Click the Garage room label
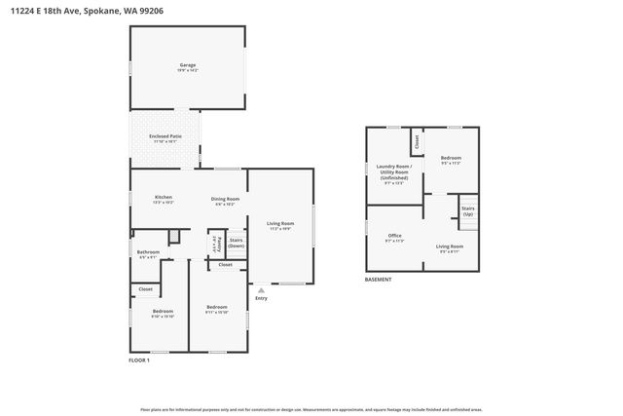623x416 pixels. coord(188,65)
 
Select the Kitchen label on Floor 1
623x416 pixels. coord(164,199)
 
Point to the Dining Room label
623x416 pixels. coord(225,200)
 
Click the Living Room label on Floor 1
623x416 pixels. coord(280,225)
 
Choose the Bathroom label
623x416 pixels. coord(149,253)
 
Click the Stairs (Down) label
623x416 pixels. coord(237,243)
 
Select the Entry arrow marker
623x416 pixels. coord(260,290)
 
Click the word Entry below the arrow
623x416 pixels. coord(260,299)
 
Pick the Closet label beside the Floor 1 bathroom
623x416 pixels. coord(145,289)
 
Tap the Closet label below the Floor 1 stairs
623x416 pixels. coord(225,265)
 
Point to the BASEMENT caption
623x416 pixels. coord(379,280)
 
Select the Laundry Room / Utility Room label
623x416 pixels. coord(394,171)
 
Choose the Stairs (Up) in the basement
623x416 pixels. coord(467,210)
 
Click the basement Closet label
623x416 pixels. coord(417,140)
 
